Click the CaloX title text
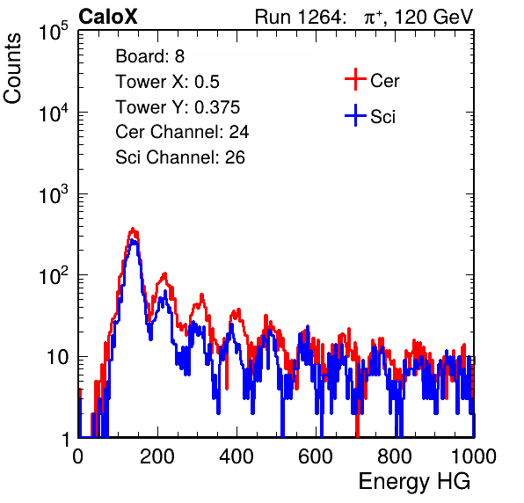tap(107, 17)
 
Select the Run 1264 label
tap(299, 17)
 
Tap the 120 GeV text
tap(433, 17)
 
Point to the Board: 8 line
tap(149, 56)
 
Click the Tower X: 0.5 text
tap(167, 82)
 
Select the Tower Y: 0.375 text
tap(178, 107)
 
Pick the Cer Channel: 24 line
tap(182, 132)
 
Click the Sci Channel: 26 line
tap(180, 157)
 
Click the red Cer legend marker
tap(355, 79)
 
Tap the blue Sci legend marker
tap(355, 115)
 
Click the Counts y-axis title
tap(12, 69)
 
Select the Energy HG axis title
tap(414, 482)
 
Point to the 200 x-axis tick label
tap(157, 456)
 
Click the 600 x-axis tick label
tap(316, 456)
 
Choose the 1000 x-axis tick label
tap(474, 456)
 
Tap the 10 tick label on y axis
tap(58, 357)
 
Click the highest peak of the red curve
tap(133, 229)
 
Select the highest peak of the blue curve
tap(134, 240)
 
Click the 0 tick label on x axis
tap(78, 456)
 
